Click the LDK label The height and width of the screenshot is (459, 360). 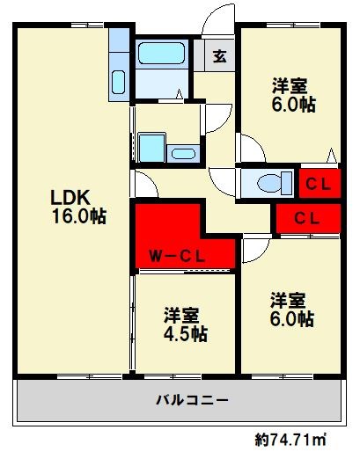67,195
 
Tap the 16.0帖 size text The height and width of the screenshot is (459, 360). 78,216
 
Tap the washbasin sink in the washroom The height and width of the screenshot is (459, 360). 182,154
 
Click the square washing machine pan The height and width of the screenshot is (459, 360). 152,148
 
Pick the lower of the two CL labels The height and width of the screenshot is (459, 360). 306,217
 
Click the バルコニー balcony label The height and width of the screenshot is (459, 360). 193,400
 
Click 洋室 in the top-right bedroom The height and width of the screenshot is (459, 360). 290,85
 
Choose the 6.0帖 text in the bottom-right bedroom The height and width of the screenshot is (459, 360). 292,319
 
